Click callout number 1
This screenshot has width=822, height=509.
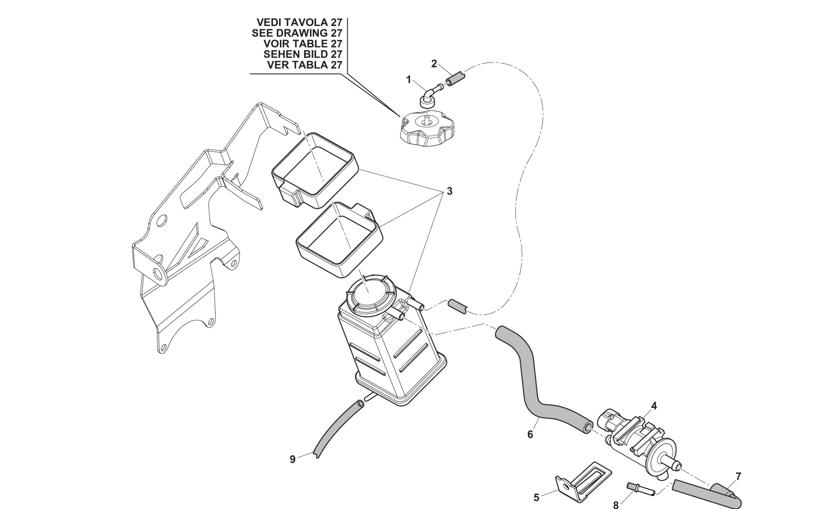pos(409,80)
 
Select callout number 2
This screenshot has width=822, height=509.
pos(434,64)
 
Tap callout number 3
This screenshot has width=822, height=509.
pos(450,191)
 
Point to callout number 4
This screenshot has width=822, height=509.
pos(654,406)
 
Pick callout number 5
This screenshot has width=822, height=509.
pos(536,497)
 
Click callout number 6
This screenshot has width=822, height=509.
pos(530,434)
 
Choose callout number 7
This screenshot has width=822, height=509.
pos(739,477)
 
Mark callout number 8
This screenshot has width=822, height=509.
pos(616,505)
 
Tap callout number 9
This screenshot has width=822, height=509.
pos(293,459)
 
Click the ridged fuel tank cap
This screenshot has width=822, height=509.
pos(427,129)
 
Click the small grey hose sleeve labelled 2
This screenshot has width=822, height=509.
pos(456,78)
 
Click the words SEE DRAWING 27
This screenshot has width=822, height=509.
pos(297,33)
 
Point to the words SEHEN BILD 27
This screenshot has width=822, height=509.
pos(302,54)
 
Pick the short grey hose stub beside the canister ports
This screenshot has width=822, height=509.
pos(457,306)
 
